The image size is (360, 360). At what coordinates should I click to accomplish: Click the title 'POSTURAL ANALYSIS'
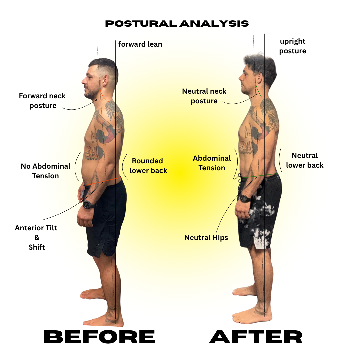tap(177, 24)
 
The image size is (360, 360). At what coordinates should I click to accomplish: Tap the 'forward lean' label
tap(140, 44)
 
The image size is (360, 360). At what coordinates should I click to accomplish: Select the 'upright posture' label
tap(293, 46)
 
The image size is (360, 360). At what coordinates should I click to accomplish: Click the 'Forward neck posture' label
tap(42, 101)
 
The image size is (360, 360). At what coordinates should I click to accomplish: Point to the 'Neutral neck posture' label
tap(204, 96)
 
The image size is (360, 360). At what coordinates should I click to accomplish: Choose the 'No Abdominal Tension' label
tap(46, 171)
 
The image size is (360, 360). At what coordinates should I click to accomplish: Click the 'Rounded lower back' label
tap(148, 166)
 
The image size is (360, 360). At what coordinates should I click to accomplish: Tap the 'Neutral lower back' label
tap(305, 160)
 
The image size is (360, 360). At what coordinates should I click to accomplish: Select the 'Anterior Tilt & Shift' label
tap(36, 237)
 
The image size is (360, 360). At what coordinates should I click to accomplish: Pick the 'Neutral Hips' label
tap(206, 238)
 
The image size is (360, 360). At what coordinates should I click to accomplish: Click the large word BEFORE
tap(99, 337)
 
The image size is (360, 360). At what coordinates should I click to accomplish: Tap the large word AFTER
tap(256, 337)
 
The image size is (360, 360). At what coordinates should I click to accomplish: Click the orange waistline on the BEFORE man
tap(103, 182)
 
